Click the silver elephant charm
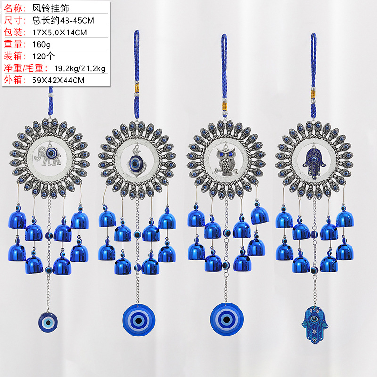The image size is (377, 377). [48, 156]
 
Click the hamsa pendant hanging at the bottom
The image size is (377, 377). [314, 324]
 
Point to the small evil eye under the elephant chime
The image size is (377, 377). [48, 322]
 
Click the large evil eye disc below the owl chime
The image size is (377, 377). [227, 319]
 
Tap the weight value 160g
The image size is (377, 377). [41, 44]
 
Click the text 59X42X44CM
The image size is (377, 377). [58, 80]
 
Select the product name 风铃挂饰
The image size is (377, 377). [51, 8]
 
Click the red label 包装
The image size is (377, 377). [13, 32]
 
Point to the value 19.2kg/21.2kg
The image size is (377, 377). [80, 68]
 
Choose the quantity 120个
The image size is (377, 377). [43, 56]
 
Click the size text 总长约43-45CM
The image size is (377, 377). [63, 20]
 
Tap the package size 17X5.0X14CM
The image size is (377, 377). [60, 33]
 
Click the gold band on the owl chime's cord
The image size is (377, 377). [225, 105]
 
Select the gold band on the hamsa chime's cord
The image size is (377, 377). [313, 94]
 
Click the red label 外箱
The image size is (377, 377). [13, 80]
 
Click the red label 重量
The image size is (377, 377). [13, 44]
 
